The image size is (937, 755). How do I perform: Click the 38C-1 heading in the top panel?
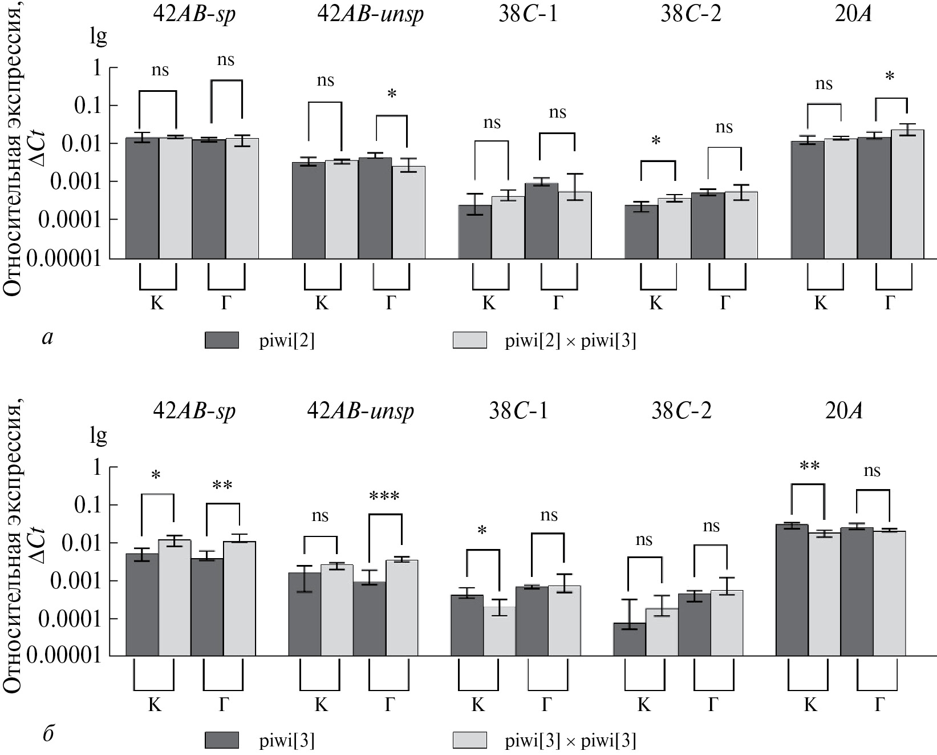528,14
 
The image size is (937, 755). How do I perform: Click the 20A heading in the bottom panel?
843,411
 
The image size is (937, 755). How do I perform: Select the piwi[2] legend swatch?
222,340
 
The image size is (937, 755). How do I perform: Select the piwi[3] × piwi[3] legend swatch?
470,740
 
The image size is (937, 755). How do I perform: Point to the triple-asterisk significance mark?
384,496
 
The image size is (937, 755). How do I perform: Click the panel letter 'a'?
48,338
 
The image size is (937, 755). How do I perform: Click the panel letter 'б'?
48,733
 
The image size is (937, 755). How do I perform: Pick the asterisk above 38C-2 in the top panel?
656,141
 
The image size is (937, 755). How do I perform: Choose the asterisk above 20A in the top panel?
890,77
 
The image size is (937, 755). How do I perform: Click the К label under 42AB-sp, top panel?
157,303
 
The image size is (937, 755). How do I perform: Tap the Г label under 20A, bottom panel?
879,705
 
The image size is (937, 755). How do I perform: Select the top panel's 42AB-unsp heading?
370,14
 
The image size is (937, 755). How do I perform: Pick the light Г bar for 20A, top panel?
907,194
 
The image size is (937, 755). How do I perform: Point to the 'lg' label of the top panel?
98,37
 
